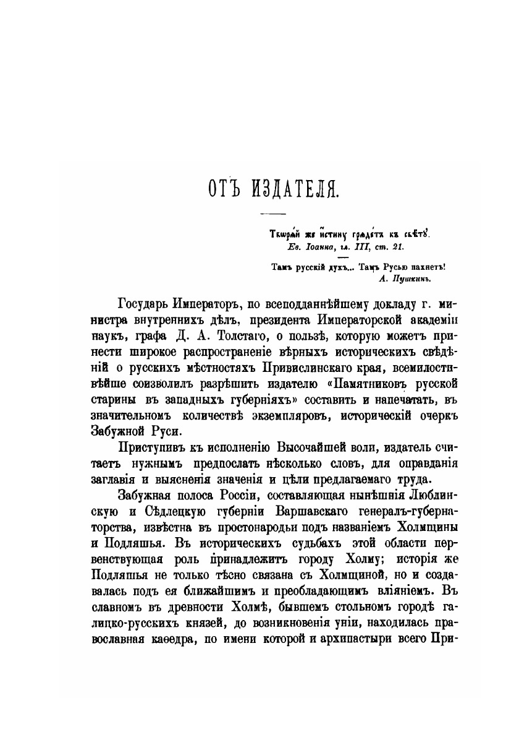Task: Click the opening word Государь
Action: click(143, 305)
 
